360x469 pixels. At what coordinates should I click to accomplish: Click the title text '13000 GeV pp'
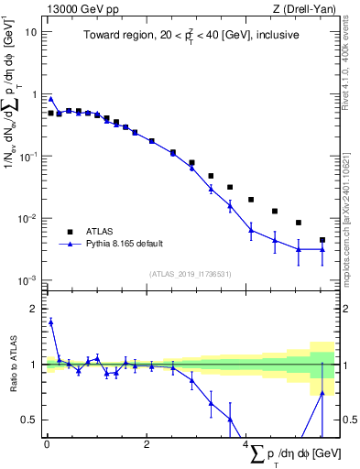pos(75,8)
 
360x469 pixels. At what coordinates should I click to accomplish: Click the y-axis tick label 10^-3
pos(28,280)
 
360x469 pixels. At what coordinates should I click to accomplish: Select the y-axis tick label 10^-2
pos(28,218)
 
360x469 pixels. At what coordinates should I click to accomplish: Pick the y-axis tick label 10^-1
pos(28,156)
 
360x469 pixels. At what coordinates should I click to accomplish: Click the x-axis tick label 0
pos(47,444)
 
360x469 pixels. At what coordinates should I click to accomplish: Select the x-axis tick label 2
pos(147,444)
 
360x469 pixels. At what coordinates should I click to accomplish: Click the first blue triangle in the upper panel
pos(50,98)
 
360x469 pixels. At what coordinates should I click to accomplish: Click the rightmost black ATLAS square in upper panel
pos(322,240)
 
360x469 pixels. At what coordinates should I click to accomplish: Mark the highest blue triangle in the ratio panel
pos(50,322)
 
